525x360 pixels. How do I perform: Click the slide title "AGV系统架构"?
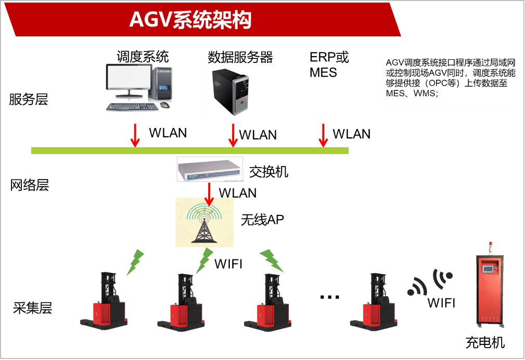coord(190,20)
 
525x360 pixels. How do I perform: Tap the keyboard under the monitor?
coord(132,107)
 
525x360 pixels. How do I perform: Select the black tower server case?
coord(232,92)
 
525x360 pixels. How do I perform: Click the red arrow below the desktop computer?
coord(135,135)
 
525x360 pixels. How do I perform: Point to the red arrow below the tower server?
coord(233,135)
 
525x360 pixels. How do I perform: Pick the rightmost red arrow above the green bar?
coord(323,135)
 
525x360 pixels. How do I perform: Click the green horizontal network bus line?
coord(189,151)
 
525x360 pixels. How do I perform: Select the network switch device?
coord(210,169)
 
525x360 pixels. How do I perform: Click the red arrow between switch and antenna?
coord(209,194)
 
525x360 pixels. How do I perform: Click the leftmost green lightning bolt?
coord(135,263)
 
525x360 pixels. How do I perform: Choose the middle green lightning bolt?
coord(204,261)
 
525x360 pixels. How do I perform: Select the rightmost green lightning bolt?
coord(271,260)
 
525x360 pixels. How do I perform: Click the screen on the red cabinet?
coord(489,269)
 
